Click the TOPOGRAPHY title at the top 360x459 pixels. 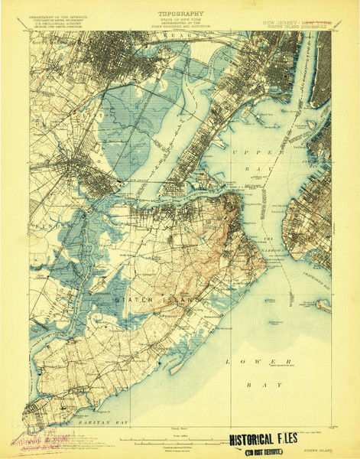(180, 13)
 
